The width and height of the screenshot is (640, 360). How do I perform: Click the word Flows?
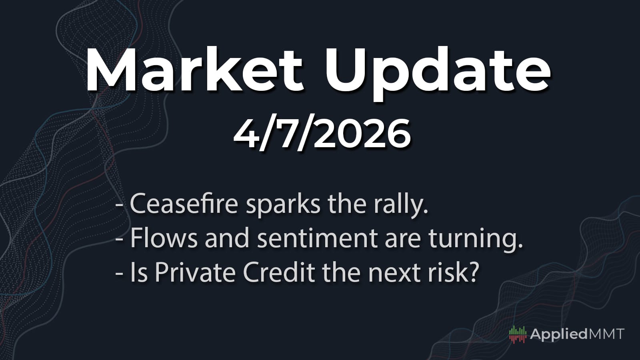click(x=164, y=238)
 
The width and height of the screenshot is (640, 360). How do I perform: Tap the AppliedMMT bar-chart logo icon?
click(x=518, y=334)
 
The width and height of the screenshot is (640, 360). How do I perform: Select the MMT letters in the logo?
click(x=606, y=334)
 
